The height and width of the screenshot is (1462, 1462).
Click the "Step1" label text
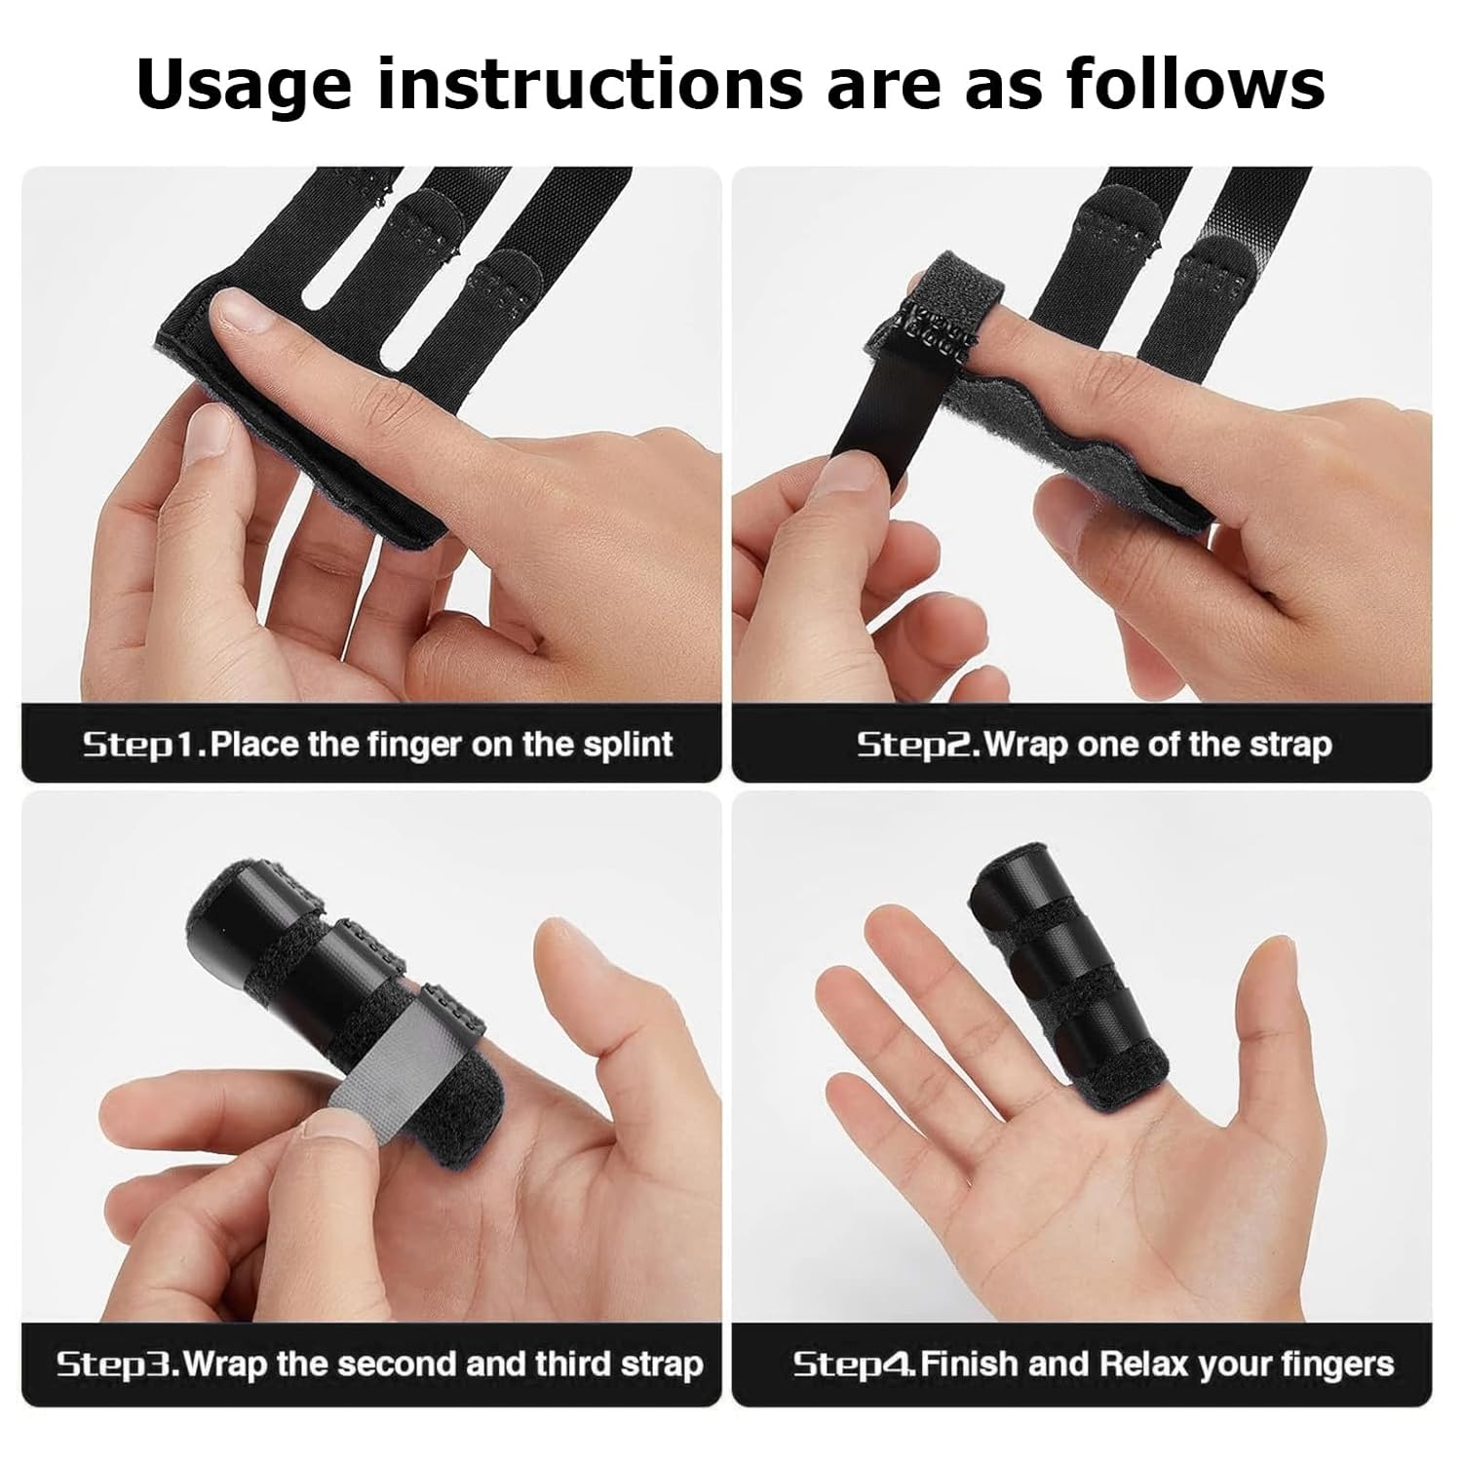click(x=142, y=745)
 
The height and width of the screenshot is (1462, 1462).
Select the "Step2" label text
click(x=915, y=745)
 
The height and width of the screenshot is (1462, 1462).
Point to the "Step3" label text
click(x=116, y=1364)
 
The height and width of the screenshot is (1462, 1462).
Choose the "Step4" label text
click(x=854, y=1364)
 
